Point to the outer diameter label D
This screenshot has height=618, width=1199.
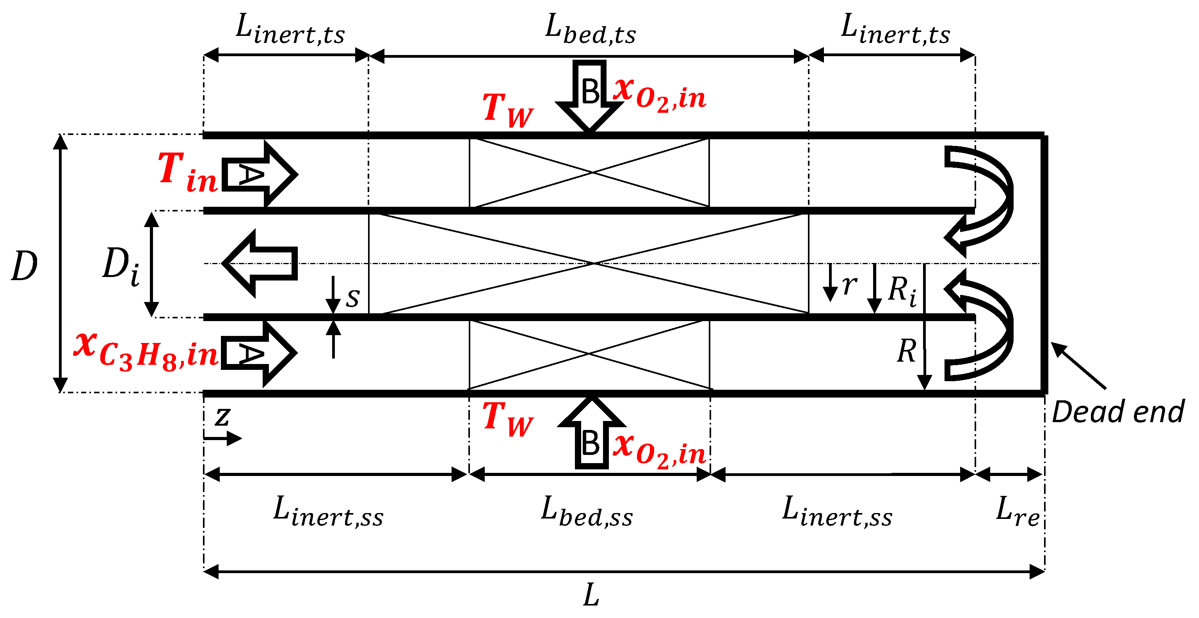pos(24,266)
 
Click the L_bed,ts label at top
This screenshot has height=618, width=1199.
pos(590,29)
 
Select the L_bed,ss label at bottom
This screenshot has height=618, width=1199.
pos(587,512)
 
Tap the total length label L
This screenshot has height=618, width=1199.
pos(591,596)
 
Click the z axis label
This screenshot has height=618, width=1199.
pos(222,417)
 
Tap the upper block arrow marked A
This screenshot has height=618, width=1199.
pos(258,174)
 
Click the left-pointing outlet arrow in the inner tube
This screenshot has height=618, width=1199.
pos(259,263)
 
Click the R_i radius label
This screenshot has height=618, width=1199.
pos(902,290)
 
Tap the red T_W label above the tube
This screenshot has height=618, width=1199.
pos(507,110)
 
